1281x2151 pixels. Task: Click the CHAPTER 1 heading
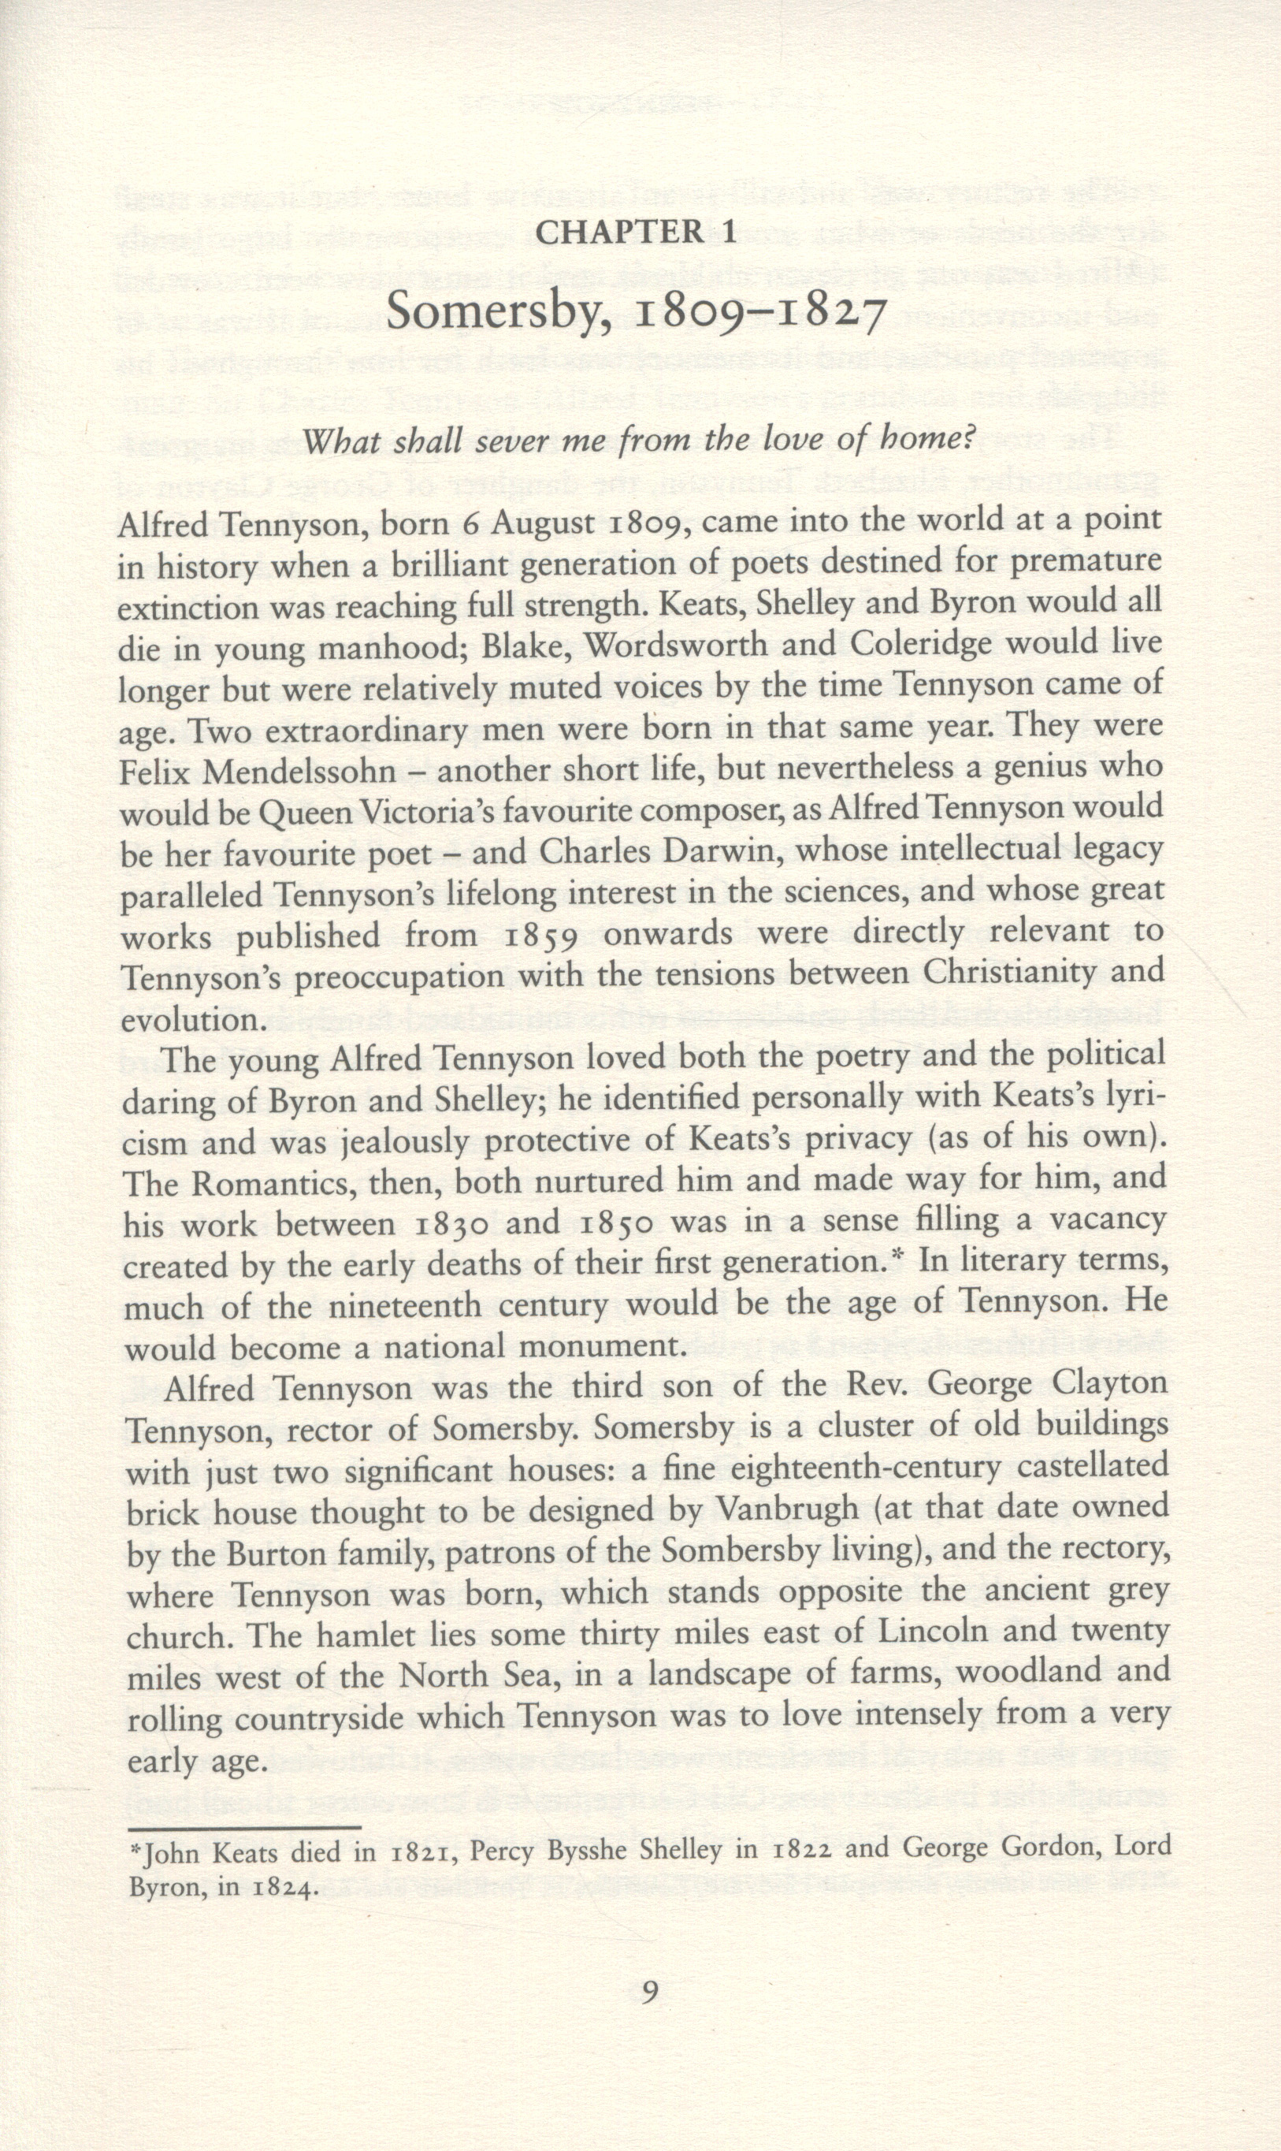(637, 233)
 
